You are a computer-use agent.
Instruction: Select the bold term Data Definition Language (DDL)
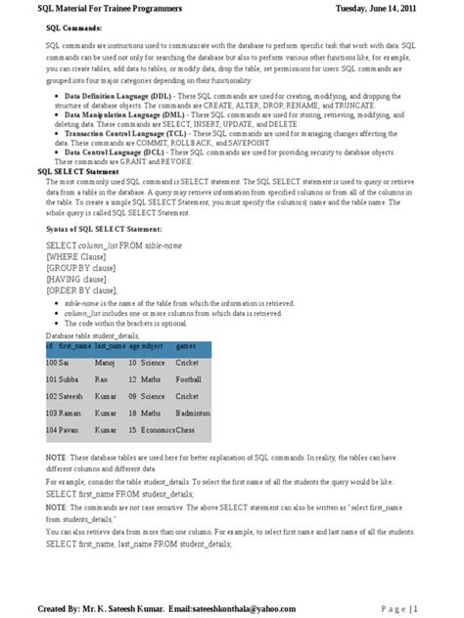(118, 98)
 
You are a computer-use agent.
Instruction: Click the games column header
(186, 347)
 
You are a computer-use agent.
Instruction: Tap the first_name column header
(74, 347)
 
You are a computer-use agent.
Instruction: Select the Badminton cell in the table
(193, 415)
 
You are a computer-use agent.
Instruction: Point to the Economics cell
(158, 430)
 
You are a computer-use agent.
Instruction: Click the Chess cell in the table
(186, 430)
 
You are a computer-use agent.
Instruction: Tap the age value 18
(132, 415)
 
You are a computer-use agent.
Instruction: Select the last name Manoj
(105, 363)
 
